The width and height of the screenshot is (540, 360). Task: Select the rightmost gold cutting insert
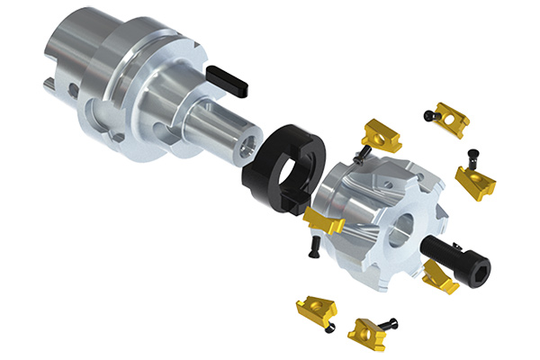474,183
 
